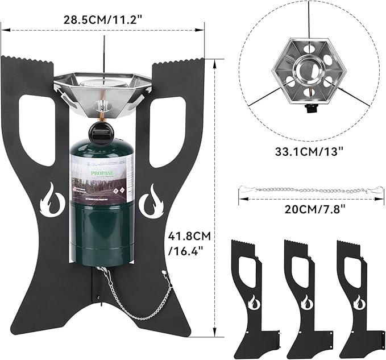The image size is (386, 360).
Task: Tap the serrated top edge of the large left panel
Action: click(x=28, y=60)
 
